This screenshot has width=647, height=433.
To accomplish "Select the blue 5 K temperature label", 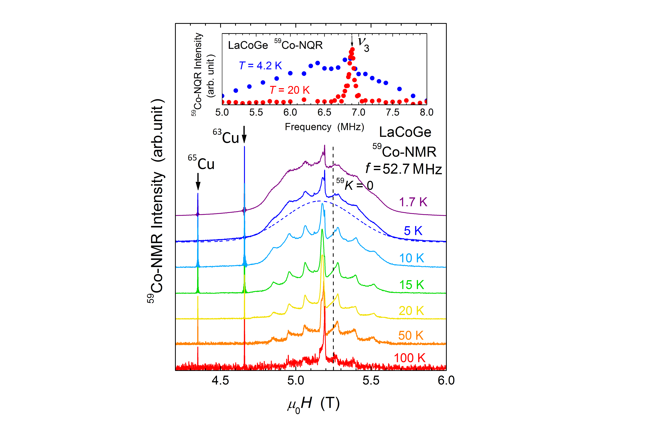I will click(x=413, y=231).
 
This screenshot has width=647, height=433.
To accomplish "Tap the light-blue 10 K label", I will click(x=411, y=258).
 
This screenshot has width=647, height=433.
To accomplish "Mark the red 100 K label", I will click(x=409, y=358).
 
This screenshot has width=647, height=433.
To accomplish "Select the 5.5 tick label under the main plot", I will click(x=371, y=380).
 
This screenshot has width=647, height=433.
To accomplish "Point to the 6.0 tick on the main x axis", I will click(x=446, y=380).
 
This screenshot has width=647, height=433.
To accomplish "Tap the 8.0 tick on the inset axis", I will click(x=426, y=112).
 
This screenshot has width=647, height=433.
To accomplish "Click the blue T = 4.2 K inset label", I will click(x=260, y=66).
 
